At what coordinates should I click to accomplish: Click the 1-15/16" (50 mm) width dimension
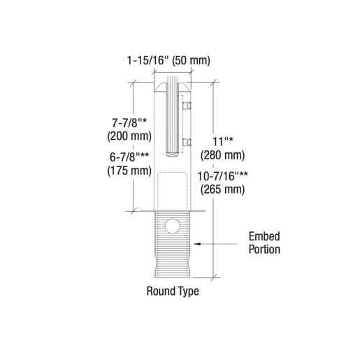(168, 61)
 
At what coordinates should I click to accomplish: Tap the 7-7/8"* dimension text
(129, 123)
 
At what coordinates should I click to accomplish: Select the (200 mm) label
(129, 136)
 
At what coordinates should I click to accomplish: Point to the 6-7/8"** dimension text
(129, 157)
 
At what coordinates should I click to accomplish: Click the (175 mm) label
(129, 171)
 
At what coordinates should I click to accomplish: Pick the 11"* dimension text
(223, 141)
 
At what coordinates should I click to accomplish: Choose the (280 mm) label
(223, 155)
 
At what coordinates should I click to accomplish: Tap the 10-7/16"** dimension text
(223, 176)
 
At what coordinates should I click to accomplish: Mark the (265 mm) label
(223, 189)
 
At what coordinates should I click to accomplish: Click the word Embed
(264, 236)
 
